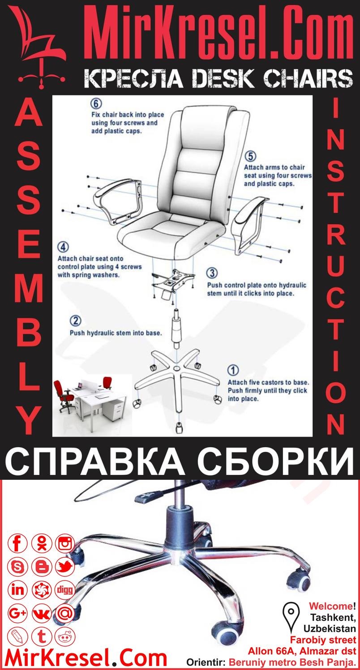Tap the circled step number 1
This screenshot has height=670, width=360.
(x=233, y=371)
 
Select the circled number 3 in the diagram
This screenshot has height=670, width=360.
(x=212, y=273)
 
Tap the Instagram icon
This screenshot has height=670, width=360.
(x=65, y=544)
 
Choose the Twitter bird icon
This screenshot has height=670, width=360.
(x=65, y=567)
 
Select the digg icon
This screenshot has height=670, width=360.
(x=65, y=590)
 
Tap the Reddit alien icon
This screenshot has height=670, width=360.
(x=65, y=636)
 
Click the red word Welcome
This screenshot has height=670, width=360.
(x=330, y=606)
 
